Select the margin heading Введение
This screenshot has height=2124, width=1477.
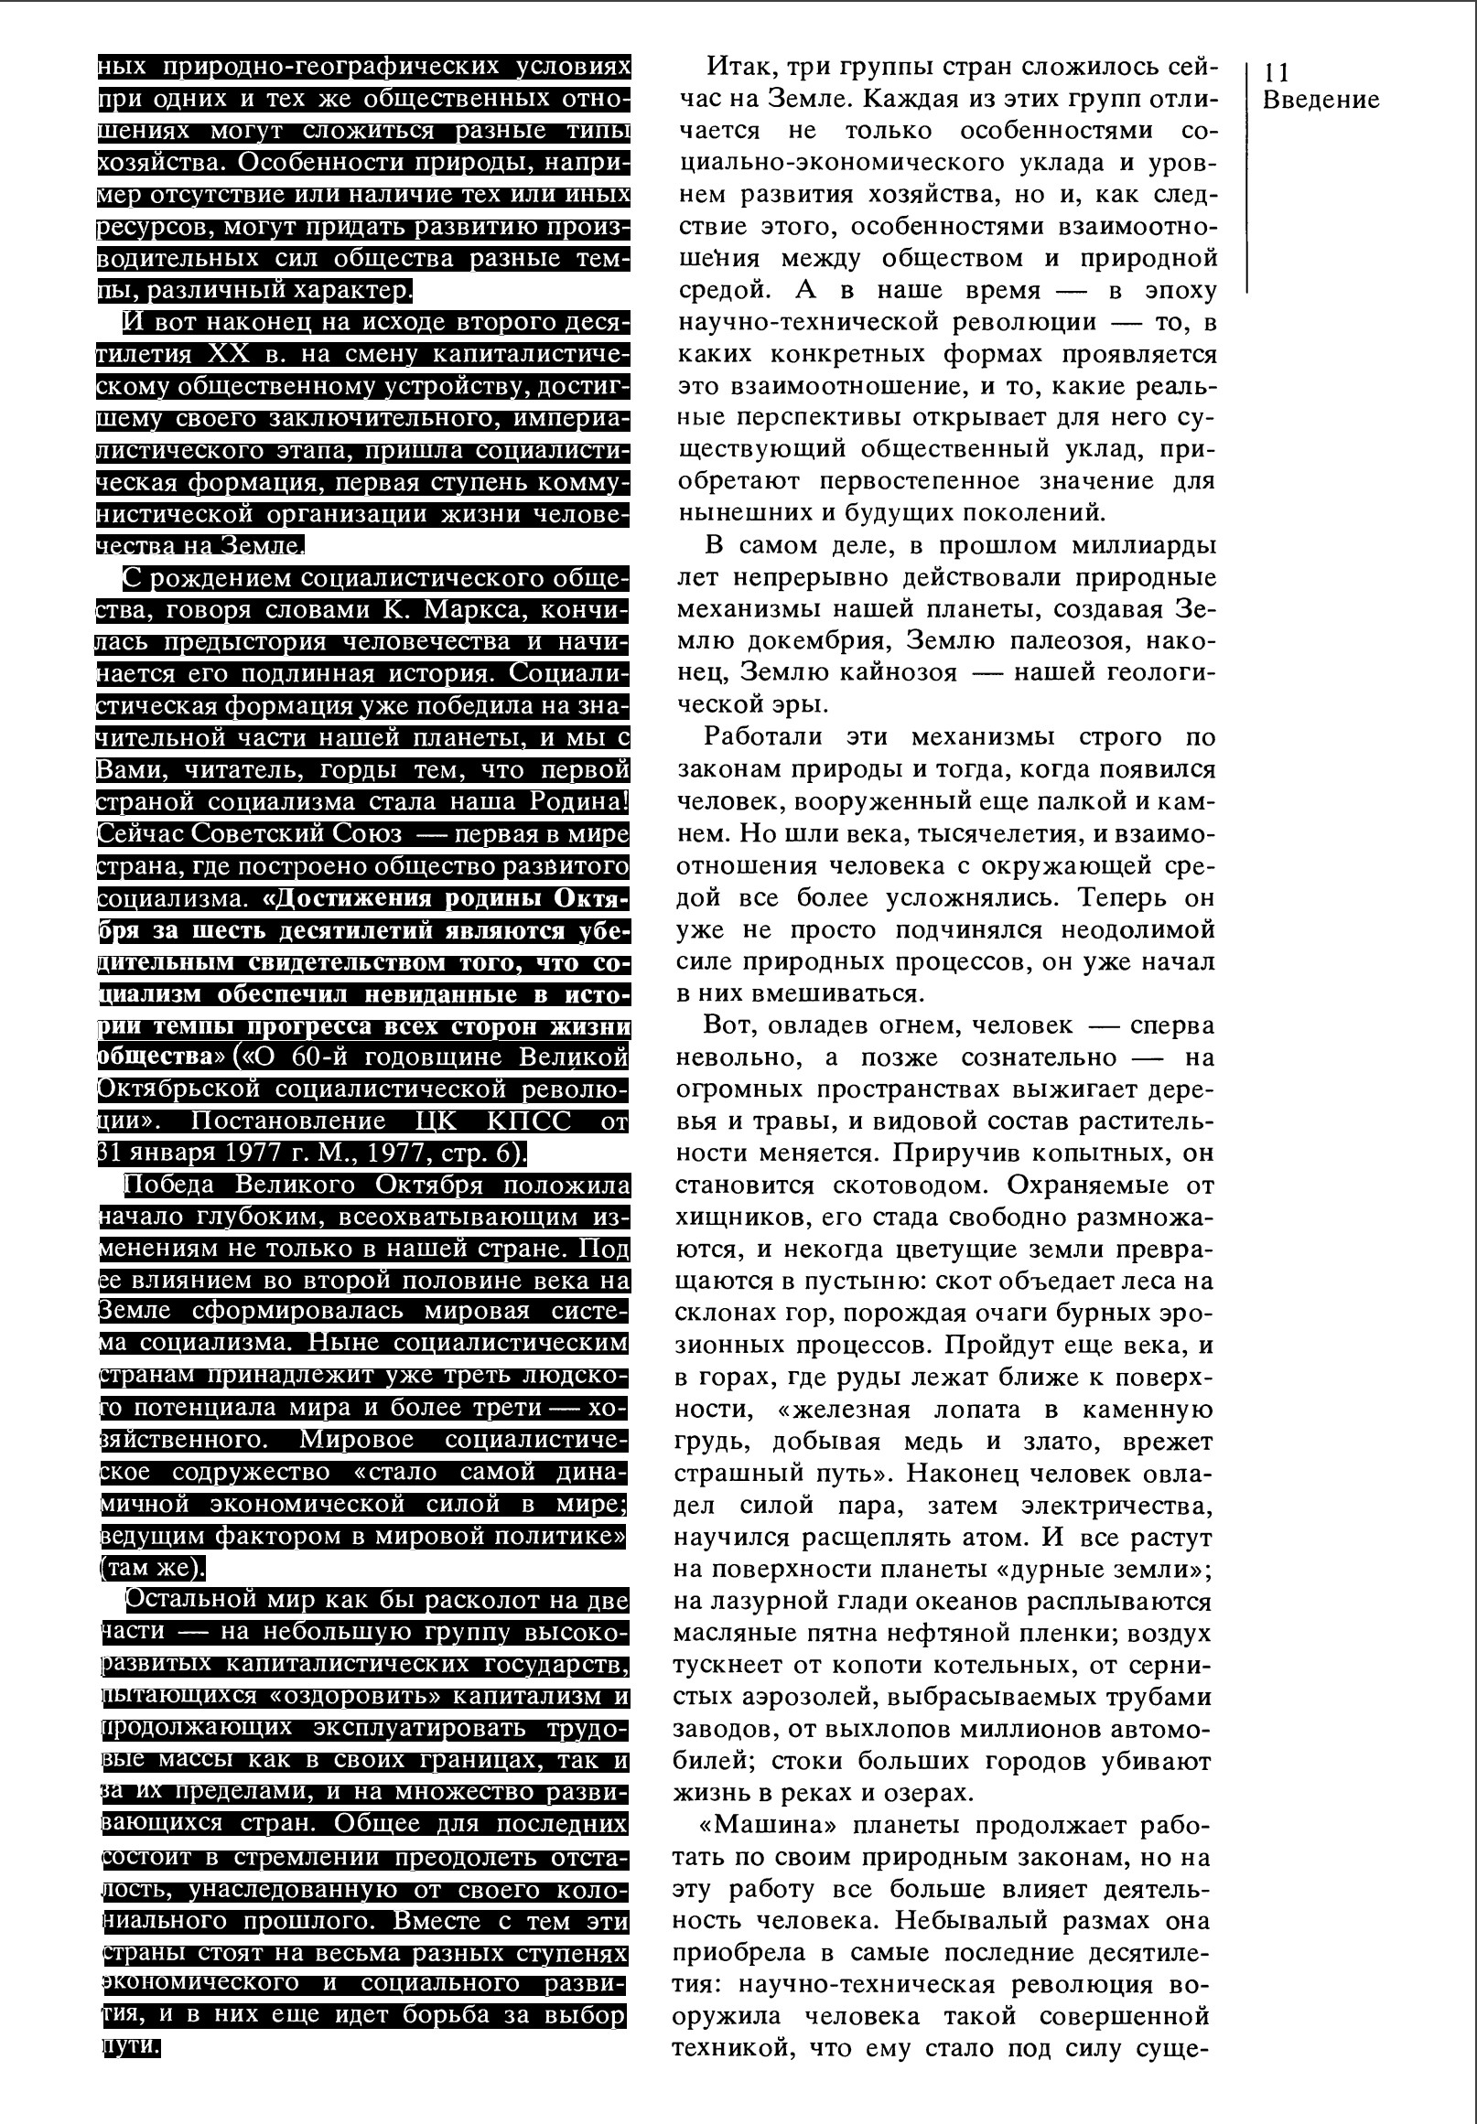pos(1320,101)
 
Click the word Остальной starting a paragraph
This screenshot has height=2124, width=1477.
pos(189,1601)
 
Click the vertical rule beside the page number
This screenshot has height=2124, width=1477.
pos(1247,176)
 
